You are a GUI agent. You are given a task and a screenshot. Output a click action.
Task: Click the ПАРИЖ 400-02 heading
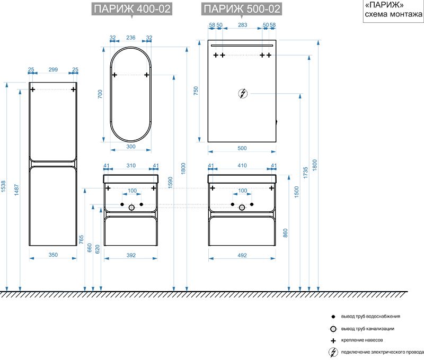coord(132,9)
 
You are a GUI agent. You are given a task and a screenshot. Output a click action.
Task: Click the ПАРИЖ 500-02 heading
coord(242,9)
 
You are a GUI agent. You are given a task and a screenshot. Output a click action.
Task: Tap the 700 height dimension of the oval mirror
coord(100,94)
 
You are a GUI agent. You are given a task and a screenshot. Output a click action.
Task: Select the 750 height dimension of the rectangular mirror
coord(196,91)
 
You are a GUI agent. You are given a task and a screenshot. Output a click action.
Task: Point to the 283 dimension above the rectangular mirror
coord(243,25)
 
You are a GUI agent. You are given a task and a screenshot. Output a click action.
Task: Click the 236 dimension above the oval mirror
coord(130,38)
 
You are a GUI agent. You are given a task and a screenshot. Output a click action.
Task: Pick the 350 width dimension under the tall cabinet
coord(53,255)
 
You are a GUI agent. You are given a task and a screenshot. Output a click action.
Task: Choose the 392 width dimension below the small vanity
coord(131,255)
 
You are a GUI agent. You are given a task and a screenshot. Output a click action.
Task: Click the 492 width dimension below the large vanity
coord(242,255)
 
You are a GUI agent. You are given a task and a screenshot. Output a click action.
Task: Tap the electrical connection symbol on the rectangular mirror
coord(243,94)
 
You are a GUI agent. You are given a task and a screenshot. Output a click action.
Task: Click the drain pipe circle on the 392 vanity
coord(131,208)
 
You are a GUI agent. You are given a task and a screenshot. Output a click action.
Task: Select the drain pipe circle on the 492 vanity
coord(242,208)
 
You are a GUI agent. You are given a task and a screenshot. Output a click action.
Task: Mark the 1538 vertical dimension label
coord(3,186)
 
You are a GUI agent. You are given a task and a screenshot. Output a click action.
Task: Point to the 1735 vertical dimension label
coord(306,173)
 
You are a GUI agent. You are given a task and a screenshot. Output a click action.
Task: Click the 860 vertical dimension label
coord(285,233)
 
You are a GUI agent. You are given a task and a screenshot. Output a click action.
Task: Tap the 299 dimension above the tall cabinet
coord(53,69)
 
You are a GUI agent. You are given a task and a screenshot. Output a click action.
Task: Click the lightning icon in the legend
coord(333,352)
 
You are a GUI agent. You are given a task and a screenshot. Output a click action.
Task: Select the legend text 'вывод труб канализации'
coord(367,329)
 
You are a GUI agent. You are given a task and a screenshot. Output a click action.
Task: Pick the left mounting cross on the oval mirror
coord(114,75)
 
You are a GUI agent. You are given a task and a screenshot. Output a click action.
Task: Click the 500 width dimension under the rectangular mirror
coord(242,148)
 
